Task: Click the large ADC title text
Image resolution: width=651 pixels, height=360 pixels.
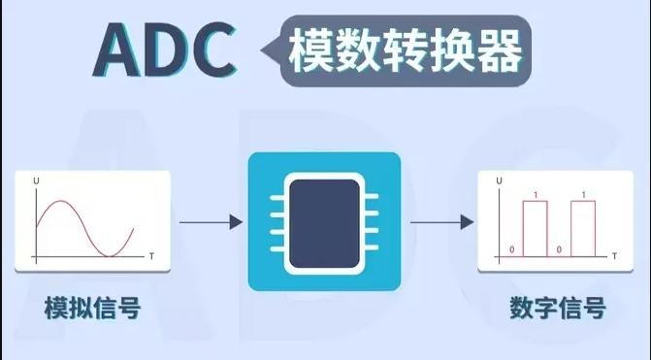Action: coord(165,49)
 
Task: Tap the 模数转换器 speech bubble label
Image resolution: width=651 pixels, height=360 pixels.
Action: coord(406,51)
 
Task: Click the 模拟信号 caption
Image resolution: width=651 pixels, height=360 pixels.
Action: coord(92,308)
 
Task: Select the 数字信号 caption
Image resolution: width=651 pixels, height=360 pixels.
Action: coord(558,308)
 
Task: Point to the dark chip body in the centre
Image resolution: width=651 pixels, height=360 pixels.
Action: coord(324,223)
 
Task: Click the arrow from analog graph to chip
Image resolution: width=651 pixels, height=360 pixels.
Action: coord(211,222)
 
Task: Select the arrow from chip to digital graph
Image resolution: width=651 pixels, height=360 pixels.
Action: coord(442,222)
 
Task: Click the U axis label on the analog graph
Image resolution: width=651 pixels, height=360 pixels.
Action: coord(36,181)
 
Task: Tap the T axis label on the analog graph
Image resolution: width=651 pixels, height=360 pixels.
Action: coord(151,256)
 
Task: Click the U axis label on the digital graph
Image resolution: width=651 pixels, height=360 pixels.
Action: coord(499,180)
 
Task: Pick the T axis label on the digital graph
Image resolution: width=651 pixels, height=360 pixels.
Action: coord(614,256)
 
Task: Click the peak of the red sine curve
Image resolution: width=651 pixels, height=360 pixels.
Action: coord(61,202)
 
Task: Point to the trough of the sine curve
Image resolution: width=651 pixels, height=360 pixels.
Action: coord(110,256)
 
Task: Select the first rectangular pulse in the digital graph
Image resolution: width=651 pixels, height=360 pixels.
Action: coord(536,229)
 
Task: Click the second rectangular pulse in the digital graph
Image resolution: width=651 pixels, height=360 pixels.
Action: coord(583,229)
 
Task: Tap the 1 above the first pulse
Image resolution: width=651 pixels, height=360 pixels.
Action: coord(536,194)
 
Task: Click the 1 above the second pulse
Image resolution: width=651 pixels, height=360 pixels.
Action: coord(584,194)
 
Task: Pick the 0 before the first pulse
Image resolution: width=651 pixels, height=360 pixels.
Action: coord(511,249)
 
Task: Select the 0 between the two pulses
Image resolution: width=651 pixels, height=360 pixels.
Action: coord(559,249)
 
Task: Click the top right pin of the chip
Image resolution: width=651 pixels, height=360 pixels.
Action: coord(371,196)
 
